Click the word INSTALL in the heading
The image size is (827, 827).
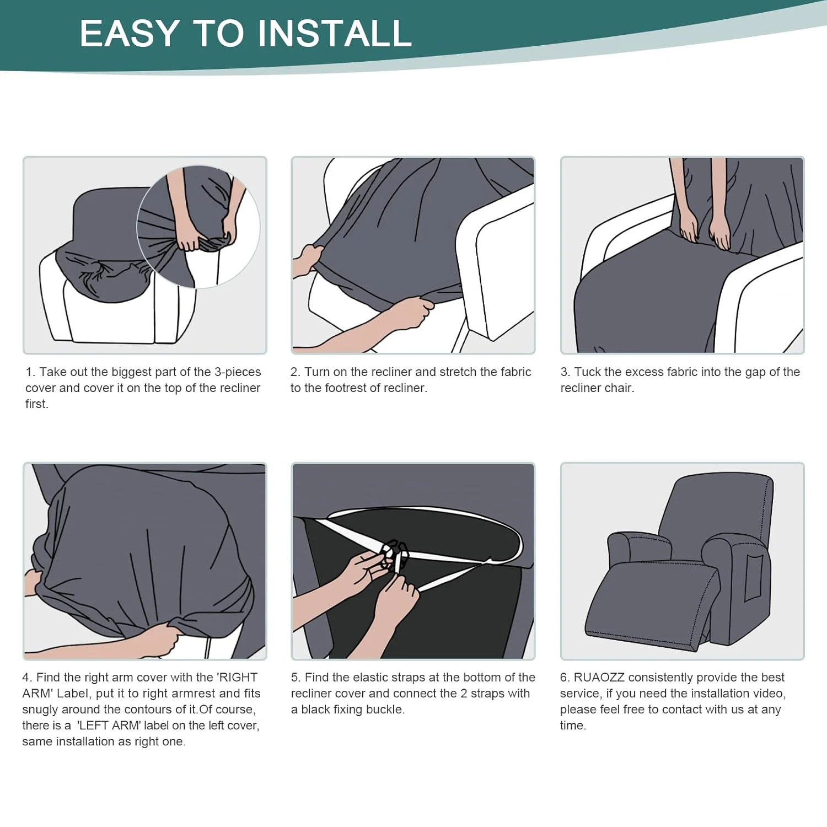pyautogui.click(x=335, y=33)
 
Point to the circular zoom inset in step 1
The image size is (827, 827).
pyautogui.click(x=198, y=227)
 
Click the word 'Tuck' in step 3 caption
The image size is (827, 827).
pyautogui.click(x=587, y=372)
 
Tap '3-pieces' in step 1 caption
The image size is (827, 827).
pyautogui.click(x=238, y=372)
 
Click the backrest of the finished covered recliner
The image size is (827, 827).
pyautogui.click(x=717, y=507)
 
